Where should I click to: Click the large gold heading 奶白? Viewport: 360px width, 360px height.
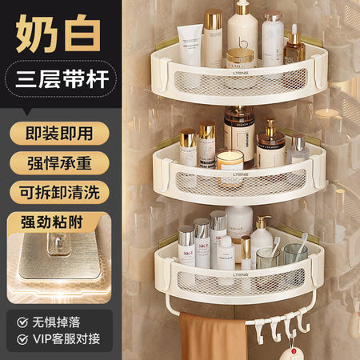(x=58, y=33)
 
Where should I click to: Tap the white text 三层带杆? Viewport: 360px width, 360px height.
(x=62, y=79)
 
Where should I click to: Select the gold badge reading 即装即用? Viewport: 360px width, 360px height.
(x=59, y=134)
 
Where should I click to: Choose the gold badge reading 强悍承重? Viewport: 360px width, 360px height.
(x=59, y=163)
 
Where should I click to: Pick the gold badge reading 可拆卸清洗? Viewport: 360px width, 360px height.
(x=59, y=192)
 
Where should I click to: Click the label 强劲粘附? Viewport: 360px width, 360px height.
(x=52, y=222)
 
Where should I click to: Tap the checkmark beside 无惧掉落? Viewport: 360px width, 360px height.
(x=22, y=322)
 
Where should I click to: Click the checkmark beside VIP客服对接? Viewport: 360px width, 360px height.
(x=22, y=339)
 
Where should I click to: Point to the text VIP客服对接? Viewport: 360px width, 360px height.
(x=66, y=339)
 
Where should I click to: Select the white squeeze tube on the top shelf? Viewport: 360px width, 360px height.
(x=190, y=45)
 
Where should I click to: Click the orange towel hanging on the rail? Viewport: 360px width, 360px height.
(x=213, y=337)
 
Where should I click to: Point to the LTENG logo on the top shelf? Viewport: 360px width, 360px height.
(x=240, y=73)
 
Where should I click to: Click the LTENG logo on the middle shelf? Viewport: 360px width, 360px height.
(x=240, y=174)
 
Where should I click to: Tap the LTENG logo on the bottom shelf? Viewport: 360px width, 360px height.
(x=240, y=274)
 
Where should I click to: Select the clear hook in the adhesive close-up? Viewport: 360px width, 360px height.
(x=59, y=243)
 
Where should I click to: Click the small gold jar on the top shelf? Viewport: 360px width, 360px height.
(x=240, y=58)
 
